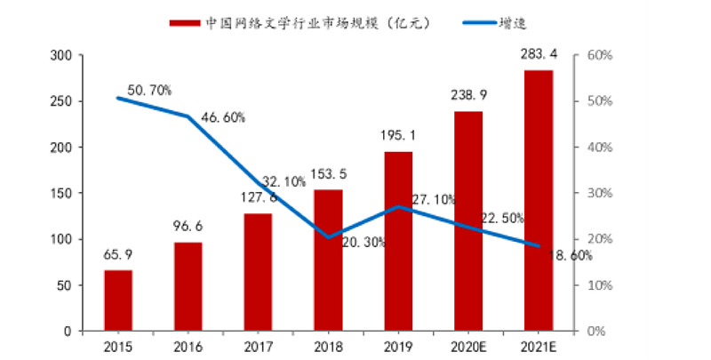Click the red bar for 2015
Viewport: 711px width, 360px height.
click(x=118, y=300)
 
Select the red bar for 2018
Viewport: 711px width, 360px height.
click(x=328, y=260)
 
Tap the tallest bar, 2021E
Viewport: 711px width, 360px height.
click(x=538, y=201)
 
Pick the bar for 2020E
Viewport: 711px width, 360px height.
click(x=468, y=221)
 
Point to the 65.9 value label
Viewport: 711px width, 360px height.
click(x=118, y=258)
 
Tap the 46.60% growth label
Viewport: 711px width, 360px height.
click(x=222, y=117)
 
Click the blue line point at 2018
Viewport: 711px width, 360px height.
click(x=328, y=237)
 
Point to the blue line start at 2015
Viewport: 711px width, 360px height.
click(x=118, y=98)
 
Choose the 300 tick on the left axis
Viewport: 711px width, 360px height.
click(x=61, y=55)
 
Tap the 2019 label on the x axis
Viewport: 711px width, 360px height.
click(x=398, y=347)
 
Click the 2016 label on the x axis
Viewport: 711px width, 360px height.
click(x=188, y=347)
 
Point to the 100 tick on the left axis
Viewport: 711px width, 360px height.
click(x=61, y=239)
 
